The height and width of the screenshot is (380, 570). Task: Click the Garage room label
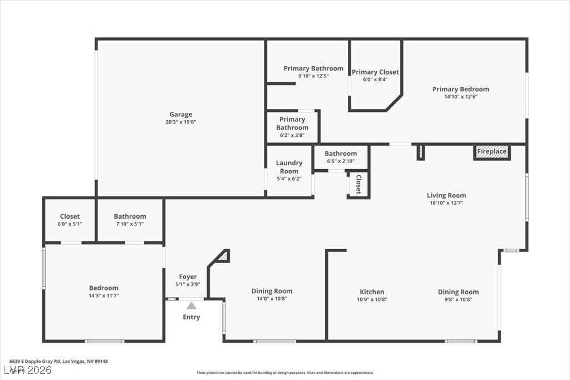[x=181, y=115]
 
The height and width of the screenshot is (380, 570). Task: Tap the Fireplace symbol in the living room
[x=492, y=152]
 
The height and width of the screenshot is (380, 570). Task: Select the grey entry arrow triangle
[x=191, y=305]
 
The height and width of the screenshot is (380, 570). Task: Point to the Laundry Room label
[x=289, y=167]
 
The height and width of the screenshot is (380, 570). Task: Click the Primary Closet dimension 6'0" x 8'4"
[x=375, y=80]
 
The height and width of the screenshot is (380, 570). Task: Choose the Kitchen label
[x=372, y=292]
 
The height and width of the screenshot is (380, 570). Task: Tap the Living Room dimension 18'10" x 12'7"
[x=446, y=203]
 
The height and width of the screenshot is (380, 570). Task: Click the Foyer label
[x=188, y=277]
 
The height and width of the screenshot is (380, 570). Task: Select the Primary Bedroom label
[x=461, y=89]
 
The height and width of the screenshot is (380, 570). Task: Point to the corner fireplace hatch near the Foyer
[x=223, y=256]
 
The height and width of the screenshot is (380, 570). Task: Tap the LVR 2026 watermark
[x=28, y=370]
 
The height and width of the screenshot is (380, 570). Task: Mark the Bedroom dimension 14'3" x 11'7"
[x=104, y=295]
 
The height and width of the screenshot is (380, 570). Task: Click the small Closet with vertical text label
[x=358, y=185]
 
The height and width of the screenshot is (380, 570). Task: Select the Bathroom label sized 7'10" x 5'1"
[x=130, y=216]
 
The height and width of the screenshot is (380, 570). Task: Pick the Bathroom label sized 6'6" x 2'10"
[x=341, y=154]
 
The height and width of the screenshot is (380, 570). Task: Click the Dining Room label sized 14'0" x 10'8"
[x=272, y=291]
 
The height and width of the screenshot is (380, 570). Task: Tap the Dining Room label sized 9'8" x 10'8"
[x=458, y=292]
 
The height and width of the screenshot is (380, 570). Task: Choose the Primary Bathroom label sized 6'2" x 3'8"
[x=292, y=124]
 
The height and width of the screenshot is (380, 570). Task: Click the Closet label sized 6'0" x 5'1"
[x=70, y=216]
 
